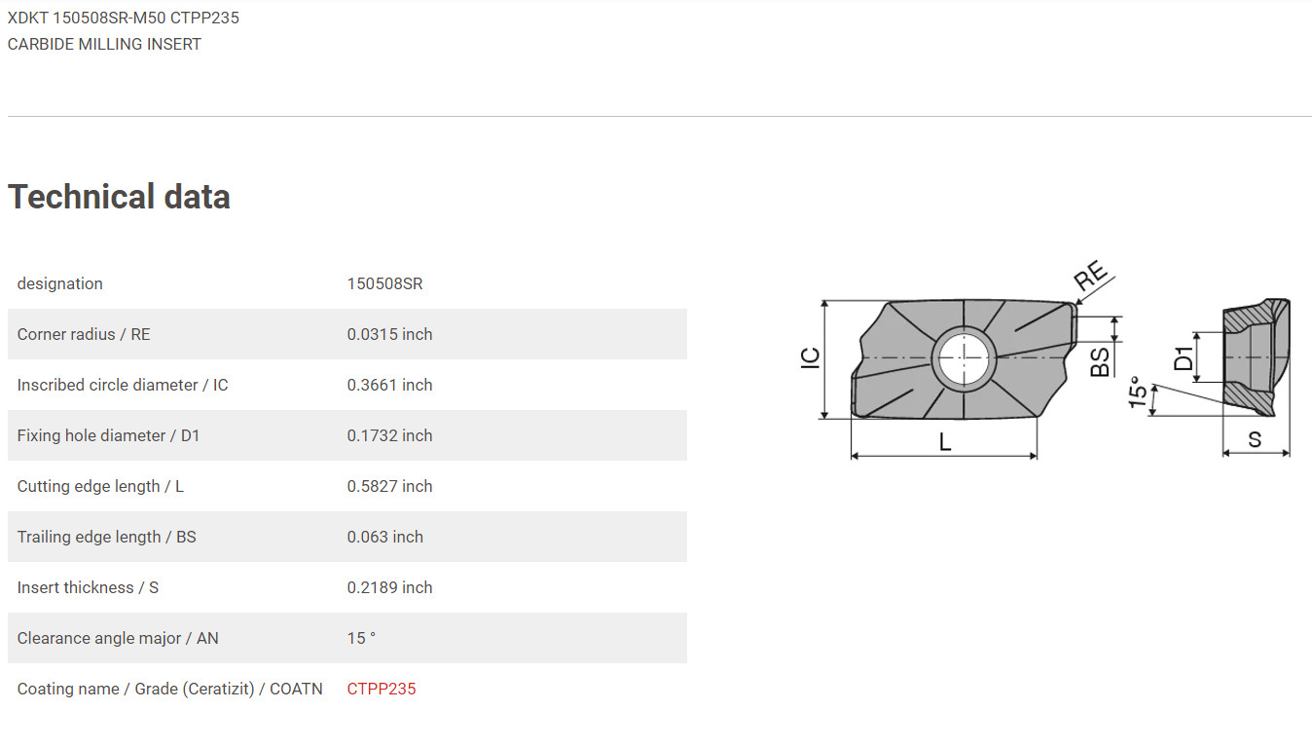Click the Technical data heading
[119, 197]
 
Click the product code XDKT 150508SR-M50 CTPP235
[124, 18]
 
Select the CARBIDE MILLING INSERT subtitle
[104, 44]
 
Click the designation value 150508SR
[384, 283]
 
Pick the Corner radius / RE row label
[84, 334]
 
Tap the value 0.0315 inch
[389, 334]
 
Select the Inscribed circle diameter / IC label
[123, 385]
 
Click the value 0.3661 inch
[389, 385]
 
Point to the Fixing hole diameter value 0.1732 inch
[389, 435]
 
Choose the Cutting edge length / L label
[100, 486]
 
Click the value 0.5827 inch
[389, 486]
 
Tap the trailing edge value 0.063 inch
[384, 537]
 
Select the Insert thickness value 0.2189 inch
[389, 587]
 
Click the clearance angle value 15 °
[361, 638]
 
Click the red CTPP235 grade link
[381, 689]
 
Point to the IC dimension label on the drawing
[810, 357]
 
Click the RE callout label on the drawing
[1091, 276]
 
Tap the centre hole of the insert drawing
[962, 357]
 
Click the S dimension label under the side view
[1255, 439]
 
